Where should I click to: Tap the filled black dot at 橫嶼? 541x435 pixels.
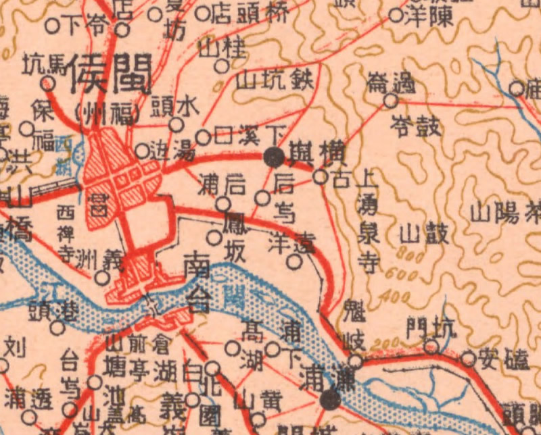(x=273, y=157)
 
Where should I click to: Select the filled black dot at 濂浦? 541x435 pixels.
(x=331, y=400)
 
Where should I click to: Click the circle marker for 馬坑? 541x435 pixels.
(x=48, y=83)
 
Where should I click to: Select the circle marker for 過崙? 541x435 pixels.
(x=390, y=101)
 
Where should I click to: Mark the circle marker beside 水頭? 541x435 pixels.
(x=176, y=125)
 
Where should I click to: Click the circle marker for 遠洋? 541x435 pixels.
(x=294, y=261)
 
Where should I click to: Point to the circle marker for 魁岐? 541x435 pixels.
(x=355, y=361)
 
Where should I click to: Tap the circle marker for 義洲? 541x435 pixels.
(x=101, y=277)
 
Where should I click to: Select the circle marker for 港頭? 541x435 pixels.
(x=57, y=328)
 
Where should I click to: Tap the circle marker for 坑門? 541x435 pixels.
(x=431, y=347)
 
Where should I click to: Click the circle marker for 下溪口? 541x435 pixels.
(x=203, y=138)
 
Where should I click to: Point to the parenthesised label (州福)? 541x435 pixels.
(x=108, y=111)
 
